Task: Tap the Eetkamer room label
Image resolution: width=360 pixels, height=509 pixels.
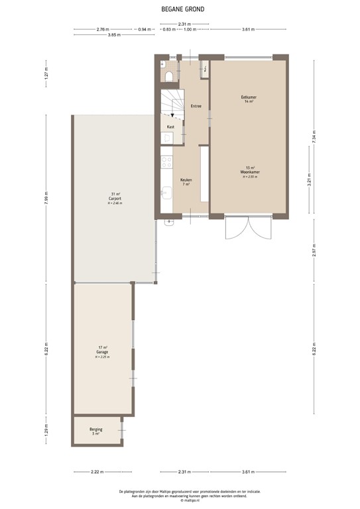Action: click(x=249, y=99)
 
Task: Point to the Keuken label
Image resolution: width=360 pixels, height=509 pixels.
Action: click(x=186, y=180)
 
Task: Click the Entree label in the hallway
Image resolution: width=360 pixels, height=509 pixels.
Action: click(x=196, y=106)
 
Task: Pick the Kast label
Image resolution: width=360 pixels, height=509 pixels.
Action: click(x=170, y=126)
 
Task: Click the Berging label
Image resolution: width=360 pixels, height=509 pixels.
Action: click(x=95, y=429)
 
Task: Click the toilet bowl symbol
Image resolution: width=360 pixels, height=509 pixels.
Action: click(x=171, y=76)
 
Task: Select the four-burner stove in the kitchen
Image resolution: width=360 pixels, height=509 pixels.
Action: click(x=167, y=161)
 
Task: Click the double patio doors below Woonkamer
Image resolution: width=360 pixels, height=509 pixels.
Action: click(x=249, y=229)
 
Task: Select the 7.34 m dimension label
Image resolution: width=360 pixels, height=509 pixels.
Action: click(x=314, y=135)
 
